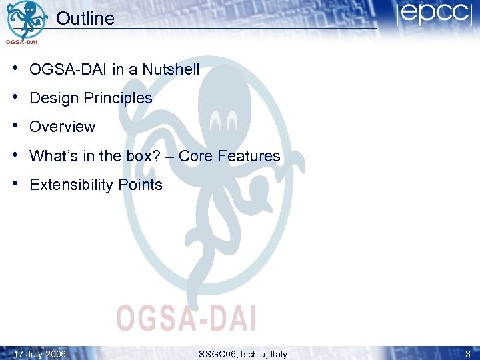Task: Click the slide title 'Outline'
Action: click(85, 19)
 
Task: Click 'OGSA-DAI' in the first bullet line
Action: click(63, 69)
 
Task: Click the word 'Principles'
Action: click(118, 98)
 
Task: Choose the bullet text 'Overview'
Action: click(63, 127)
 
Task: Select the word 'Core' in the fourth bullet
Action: click(196, 156)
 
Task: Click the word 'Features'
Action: click(249, 156)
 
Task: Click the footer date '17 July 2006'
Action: click(40, 354)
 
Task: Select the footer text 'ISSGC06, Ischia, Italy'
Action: click(242, 354)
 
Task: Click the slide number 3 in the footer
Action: click(468, 354)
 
